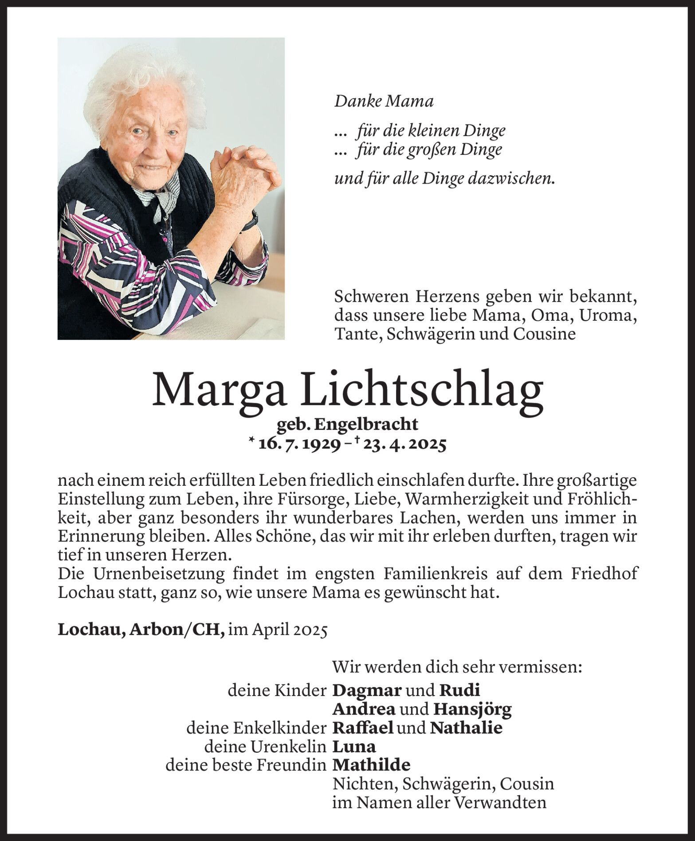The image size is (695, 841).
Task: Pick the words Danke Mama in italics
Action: click(x=383, y=102)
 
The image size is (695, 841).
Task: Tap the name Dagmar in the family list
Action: click(x=367, y=690)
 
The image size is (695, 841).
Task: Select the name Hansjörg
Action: click(x=472, y=709)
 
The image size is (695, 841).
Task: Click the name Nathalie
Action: click(x=466, y=728)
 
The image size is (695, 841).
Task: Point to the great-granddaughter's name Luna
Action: click(x=354, y=747)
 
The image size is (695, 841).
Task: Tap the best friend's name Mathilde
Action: click(x=371, y=765)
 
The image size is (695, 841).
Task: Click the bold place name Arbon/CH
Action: click(x=177, y=630)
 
